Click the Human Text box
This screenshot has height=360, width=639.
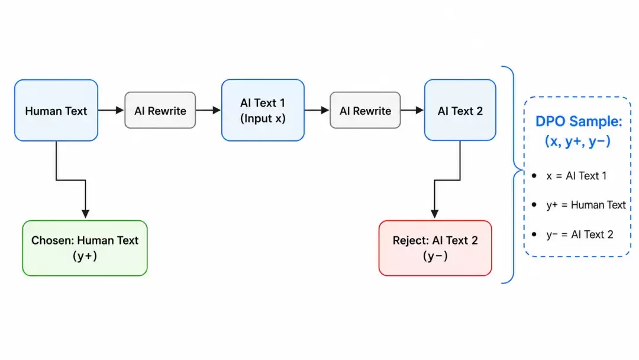pos(56,110)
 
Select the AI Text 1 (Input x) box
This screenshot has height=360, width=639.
pos(263,110)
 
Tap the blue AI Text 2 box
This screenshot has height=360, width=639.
pos(460,110)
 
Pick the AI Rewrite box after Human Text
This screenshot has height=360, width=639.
pos(160,110)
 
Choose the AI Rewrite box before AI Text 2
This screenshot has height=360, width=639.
pos(365,110)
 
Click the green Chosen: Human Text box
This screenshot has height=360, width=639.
pos(85,248)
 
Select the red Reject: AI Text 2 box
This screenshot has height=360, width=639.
pos(435,248)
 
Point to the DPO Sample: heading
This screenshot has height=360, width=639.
pos(579,121)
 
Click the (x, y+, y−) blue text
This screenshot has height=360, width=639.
pos(578,141)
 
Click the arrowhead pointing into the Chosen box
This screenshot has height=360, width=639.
pos(85,214)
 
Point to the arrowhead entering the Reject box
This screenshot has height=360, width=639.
pos(435,214)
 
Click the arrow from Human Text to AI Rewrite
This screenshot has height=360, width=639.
pos(111,110)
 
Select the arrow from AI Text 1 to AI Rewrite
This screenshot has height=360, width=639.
pos(317,110)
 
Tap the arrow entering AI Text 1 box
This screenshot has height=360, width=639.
pos(208,110)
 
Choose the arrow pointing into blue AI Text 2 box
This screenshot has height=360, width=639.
pos(412,110)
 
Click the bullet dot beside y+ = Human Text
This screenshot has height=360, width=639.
pos(534,205)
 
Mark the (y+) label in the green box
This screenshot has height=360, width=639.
pos(85,256)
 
